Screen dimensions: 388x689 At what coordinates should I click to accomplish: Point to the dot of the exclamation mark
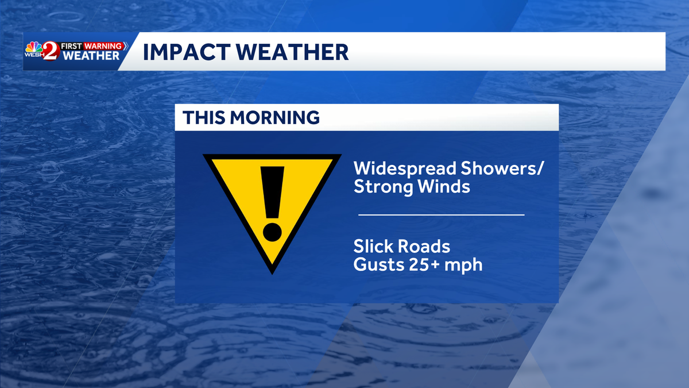coord(272,231)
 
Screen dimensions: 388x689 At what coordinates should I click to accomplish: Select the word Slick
coord(373,247)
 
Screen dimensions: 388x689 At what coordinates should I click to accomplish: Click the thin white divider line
coord(441,214)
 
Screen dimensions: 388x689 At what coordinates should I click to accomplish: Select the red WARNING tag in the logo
coord(104,45)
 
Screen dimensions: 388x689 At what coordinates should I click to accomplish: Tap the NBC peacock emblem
coord(32,45)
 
